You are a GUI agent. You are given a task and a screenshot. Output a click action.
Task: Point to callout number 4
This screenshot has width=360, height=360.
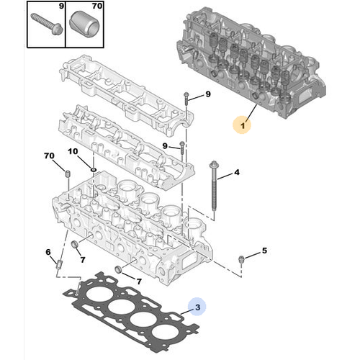click(236, 173)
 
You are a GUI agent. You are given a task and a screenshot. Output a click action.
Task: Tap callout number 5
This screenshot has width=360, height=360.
click(264, 251)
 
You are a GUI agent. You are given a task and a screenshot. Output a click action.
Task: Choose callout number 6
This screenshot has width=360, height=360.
click(48, 252)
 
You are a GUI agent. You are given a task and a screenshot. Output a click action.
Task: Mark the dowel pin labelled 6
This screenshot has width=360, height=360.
click(59, 270)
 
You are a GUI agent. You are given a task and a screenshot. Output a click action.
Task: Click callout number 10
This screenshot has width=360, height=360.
click(72, 151)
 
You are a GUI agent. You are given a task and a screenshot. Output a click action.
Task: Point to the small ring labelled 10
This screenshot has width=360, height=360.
click(94, 169)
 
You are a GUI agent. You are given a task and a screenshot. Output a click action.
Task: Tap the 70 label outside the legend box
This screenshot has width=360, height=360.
click(49, 156)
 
